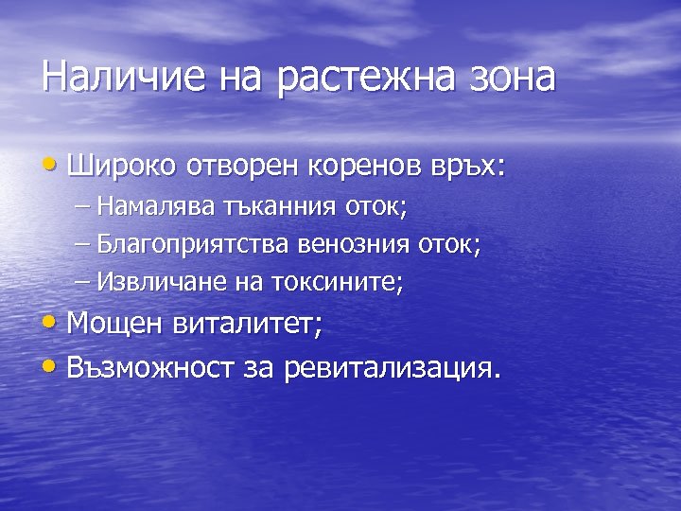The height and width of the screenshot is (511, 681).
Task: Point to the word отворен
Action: click(x=241, y=166)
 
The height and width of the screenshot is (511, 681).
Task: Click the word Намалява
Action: click(x=158, y=205)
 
